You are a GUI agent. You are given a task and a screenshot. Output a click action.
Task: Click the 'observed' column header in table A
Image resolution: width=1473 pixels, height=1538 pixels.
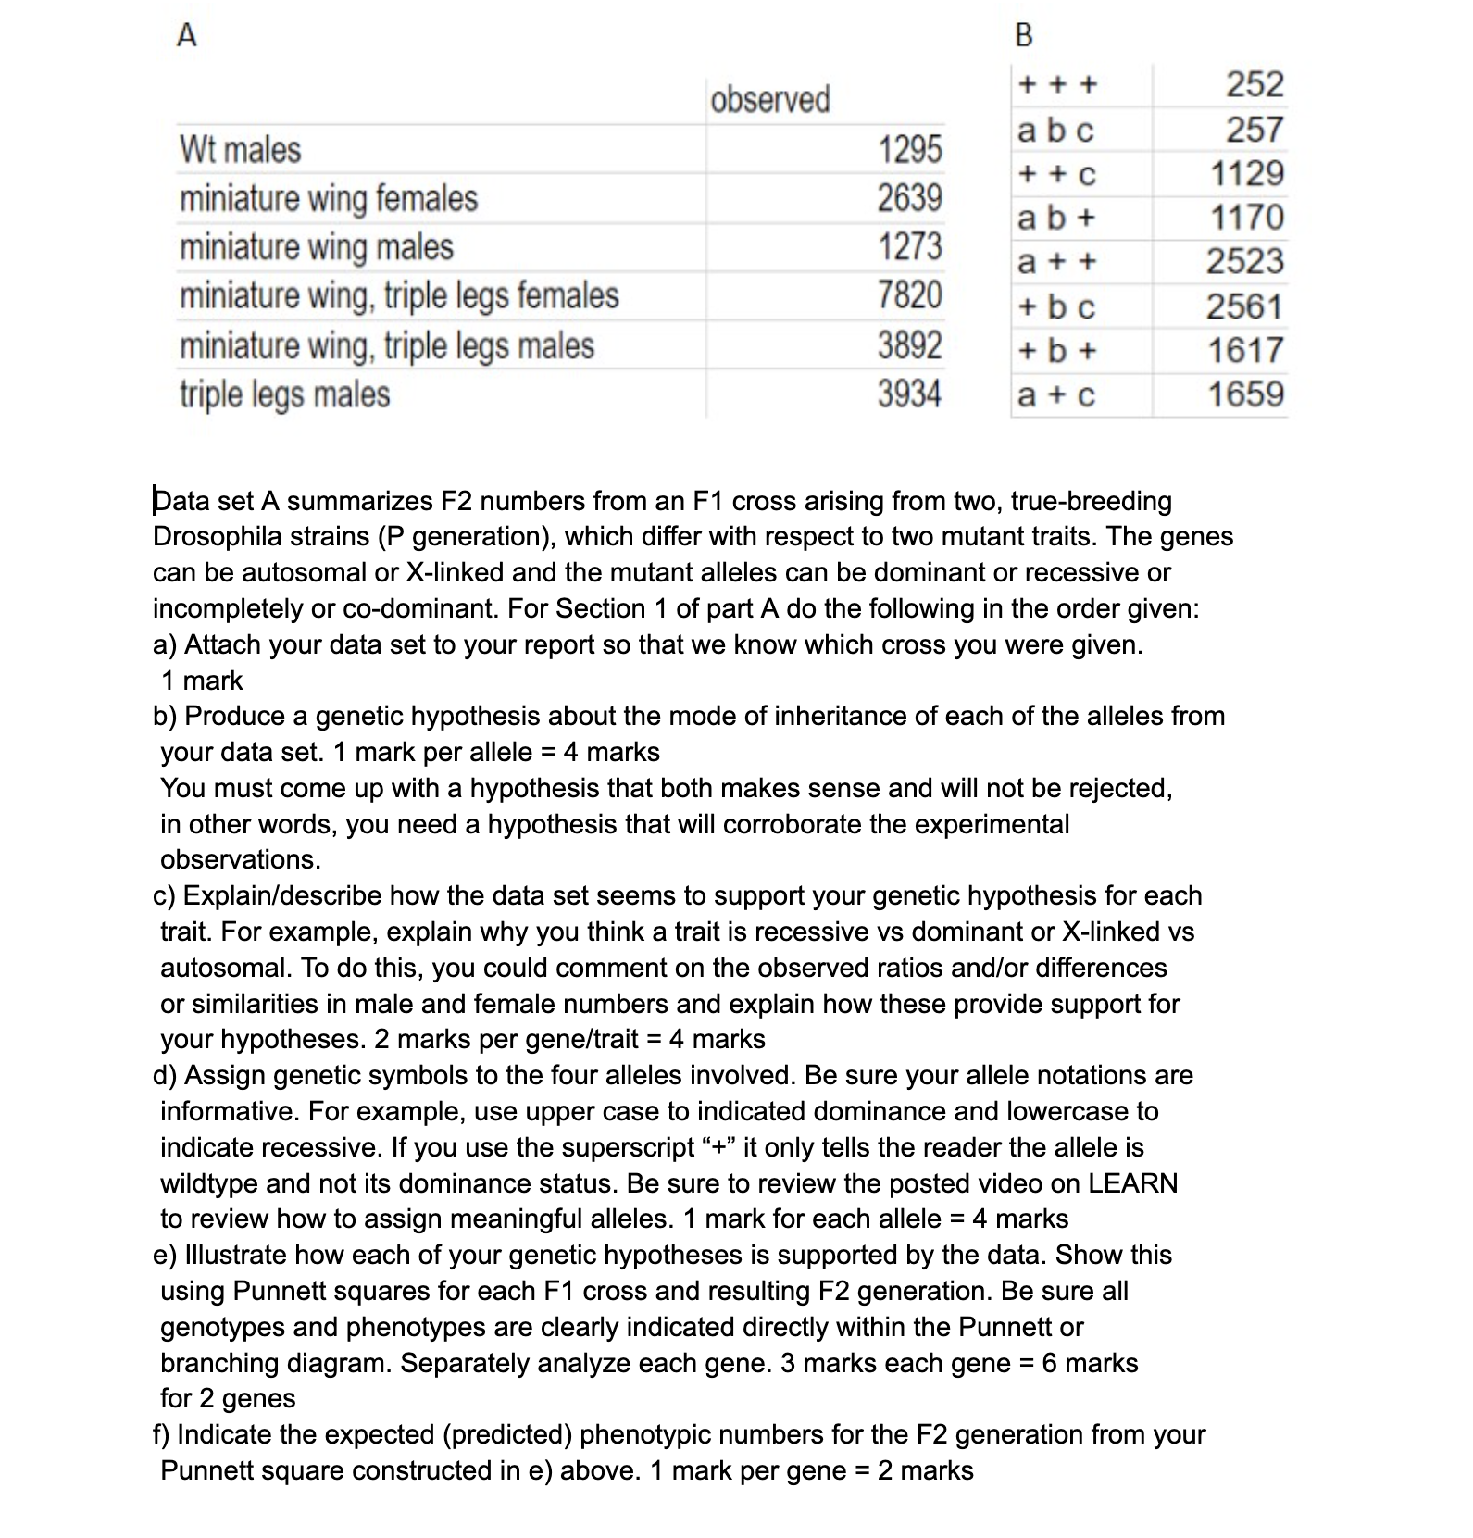(769, 99)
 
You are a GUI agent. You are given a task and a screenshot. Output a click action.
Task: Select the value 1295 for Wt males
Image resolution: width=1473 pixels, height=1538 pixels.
(909, 149)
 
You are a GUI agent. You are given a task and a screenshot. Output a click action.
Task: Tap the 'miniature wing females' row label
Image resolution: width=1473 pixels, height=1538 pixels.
(329, 198)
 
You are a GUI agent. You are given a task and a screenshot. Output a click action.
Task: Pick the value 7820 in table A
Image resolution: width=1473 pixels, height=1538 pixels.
(909, 295)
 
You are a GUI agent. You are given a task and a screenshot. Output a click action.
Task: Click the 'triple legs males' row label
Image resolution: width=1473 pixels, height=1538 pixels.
(284, 394)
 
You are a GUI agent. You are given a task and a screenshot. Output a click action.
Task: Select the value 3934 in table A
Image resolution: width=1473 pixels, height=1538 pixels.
(909, 394)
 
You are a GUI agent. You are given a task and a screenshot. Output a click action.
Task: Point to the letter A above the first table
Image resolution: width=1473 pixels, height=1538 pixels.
(186, 35)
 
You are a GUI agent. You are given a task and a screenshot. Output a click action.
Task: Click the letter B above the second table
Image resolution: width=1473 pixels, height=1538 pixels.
(1023, 35)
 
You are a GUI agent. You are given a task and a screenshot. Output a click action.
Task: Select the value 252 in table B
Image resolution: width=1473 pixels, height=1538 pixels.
(1255, 84)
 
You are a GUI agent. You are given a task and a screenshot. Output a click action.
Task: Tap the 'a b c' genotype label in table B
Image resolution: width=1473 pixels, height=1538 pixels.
(1055, 131)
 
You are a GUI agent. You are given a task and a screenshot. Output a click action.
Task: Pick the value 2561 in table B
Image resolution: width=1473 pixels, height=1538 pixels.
(1244, 306)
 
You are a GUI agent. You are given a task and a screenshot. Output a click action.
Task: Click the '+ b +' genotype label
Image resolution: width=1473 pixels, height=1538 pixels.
(1056, 351)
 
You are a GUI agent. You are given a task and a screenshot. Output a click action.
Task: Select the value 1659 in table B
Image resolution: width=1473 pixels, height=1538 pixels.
(1245, 394)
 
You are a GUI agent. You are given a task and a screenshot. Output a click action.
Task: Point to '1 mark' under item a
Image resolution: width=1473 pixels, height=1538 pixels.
(202, 681)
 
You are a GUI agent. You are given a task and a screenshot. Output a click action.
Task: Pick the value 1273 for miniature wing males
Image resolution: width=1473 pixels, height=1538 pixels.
(909, 247)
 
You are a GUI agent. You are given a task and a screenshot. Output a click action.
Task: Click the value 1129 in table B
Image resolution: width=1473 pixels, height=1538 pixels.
(1246, 173)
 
